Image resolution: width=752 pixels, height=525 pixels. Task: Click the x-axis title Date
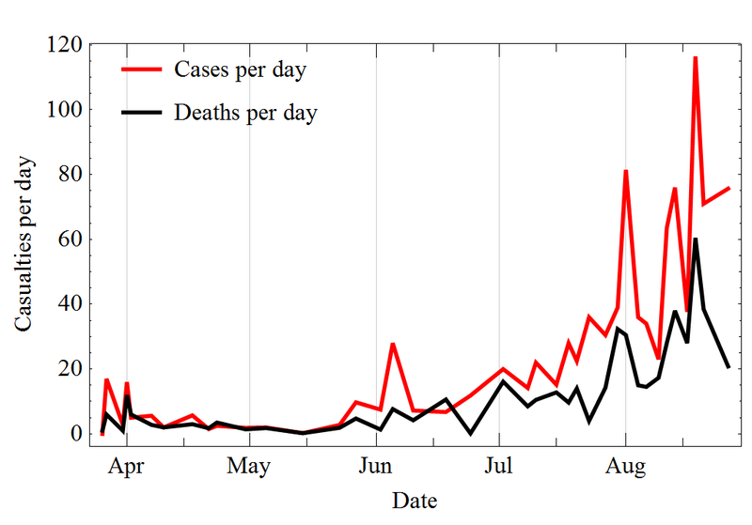click(415, 500)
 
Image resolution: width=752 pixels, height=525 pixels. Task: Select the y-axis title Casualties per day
click(24, 242)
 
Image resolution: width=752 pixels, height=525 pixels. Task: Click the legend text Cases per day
click(240, 70)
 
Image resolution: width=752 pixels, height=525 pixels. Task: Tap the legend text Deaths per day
click(245, 114)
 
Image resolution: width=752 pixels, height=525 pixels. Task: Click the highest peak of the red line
click(696, 57)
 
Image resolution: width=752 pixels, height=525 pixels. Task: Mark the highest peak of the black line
click(696, 239)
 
